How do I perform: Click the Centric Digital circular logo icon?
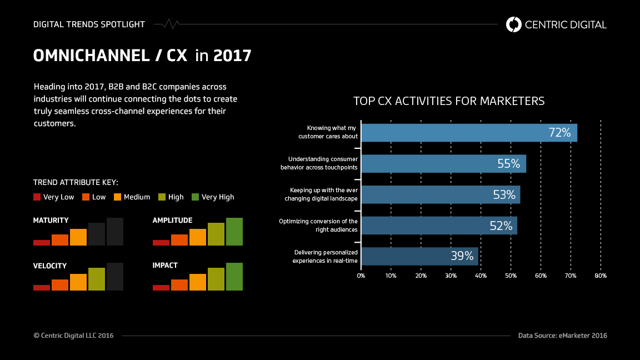click(514, 24)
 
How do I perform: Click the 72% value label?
click(559, 133)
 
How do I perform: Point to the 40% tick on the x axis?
click(481, 276)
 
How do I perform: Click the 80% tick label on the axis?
click(600, 276)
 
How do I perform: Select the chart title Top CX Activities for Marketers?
click(449, 101)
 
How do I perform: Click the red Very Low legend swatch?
click(37, 197)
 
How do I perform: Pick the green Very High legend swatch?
click(195, 197)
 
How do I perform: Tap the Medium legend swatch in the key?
click(117, 197)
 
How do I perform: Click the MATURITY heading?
click(51, 221)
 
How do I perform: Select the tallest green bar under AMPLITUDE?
click(234, 232)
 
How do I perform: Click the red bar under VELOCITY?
click(42, 287)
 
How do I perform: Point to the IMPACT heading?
click(165, 266)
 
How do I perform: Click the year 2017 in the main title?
click(232, 56)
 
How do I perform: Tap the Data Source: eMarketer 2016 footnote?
click(562, 336)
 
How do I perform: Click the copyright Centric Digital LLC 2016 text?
click(73, 336)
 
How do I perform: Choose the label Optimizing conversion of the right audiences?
click(318, 225)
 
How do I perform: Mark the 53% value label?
click(504, 195)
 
